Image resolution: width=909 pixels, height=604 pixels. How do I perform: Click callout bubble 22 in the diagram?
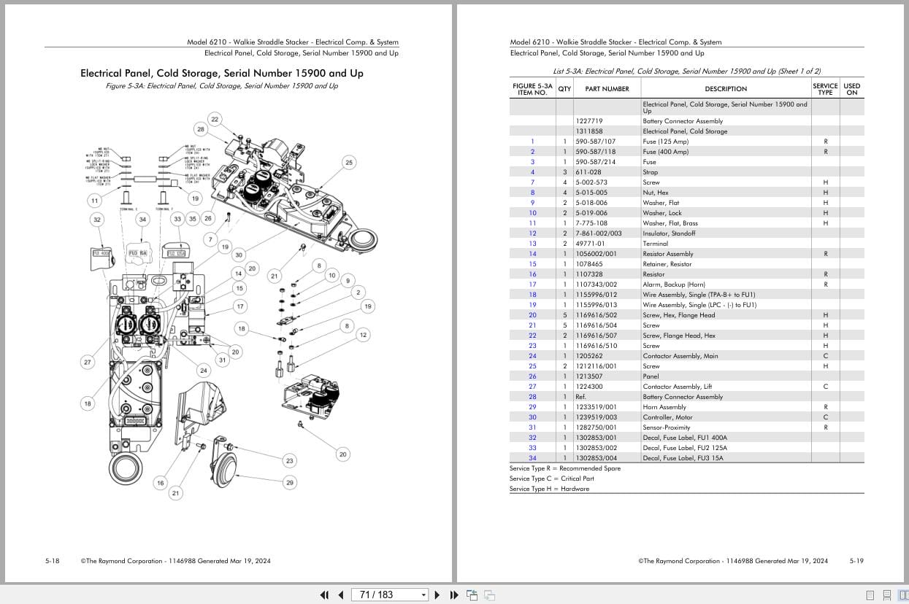(214, 119)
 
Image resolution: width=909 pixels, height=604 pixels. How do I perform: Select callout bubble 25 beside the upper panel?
(348, 163)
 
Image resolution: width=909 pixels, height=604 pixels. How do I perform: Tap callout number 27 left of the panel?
(88, 362)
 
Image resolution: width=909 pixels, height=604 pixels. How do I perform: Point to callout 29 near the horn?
(290, 482)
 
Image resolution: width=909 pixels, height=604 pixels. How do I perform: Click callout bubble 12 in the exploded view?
(363, 335)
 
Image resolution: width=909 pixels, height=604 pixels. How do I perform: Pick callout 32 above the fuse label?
(96, 219)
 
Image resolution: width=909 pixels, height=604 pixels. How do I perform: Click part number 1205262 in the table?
(589, 356)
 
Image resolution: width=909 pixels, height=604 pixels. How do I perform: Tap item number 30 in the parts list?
(532, 417)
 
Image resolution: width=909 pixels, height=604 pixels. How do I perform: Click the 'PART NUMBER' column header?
(607, 89)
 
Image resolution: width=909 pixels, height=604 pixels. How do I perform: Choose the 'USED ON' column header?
(851, 89)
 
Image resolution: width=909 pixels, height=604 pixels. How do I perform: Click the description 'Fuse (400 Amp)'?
(665, 152)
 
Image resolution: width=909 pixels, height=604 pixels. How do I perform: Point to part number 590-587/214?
(595, 162)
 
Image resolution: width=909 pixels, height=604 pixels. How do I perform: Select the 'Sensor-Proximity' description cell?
(666, 427)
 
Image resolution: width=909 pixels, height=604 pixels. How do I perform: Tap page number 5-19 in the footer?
(856, 561)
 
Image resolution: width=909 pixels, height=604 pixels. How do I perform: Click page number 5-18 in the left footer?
(53, 561)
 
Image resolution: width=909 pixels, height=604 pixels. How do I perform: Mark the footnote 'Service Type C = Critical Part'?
(551, 479)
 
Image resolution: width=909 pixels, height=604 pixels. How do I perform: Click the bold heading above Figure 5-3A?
(221, 73)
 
